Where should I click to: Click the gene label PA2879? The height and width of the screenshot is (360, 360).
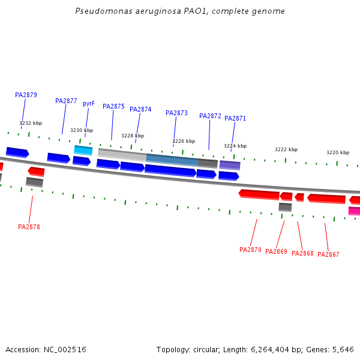[x=26, y=95]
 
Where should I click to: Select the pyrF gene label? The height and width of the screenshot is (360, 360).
[x=89, y=103]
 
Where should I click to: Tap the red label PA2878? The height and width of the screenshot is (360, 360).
[x=29, y=227]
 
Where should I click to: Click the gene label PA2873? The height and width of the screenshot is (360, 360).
[x=176, y=113]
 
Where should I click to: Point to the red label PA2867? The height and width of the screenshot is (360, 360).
[x=328, y=254]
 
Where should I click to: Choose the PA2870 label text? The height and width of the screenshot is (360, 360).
[x=250, y=250]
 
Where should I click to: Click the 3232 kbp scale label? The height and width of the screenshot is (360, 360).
[x=31, y=123]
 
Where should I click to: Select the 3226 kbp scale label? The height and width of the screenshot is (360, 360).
[x=184, y=141]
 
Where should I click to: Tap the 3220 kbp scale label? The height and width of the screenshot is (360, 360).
[x=338, y=152]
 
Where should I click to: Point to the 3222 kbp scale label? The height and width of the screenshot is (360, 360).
[x=286, y=149]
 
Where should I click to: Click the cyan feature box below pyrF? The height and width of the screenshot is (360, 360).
[x=83, y=150]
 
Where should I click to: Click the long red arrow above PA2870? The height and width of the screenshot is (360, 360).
[x=259, y=194]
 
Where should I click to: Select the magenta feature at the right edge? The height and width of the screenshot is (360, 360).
[x=354, y=211]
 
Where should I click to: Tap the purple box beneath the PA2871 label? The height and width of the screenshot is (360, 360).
[x=230, y=165]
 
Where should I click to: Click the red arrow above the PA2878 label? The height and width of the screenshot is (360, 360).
[x=37, y=172]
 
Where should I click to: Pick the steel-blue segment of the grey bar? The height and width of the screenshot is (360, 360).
[x=172, y=160]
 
